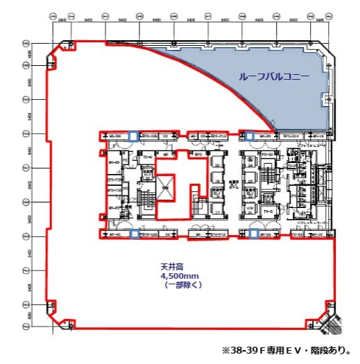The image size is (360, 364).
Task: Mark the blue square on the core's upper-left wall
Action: (132, 135)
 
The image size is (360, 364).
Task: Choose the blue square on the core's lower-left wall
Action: (132, 234)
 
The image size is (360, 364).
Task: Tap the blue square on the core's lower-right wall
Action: (254, 234)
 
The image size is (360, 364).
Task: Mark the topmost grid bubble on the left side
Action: (27, 42)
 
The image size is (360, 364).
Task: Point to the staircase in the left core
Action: (146, 200)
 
